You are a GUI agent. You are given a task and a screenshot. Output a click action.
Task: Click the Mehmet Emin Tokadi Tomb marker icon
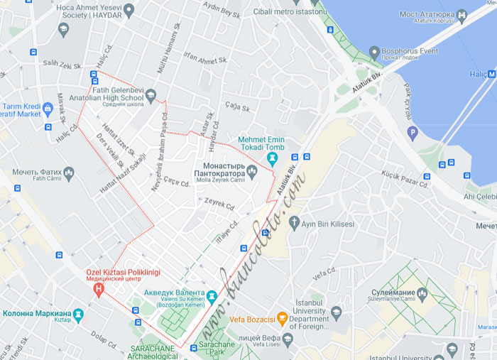coord(272,157)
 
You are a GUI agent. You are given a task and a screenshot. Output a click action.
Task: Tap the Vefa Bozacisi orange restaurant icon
coord(282,318)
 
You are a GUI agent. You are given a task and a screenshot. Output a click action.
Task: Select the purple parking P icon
coord(413,132)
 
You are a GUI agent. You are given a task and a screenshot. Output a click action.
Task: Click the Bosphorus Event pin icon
coord(374,52)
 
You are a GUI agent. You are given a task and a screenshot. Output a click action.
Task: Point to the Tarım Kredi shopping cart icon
coord(48,109)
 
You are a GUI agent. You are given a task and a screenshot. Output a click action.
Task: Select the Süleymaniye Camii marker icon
coord(422,293)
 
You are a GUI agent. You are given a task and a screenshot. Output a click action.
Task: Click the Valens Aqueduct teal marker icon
coord(212,295)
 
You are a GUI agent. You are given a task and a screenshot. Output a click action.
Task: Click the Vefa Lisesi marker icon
coord(288,339)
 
